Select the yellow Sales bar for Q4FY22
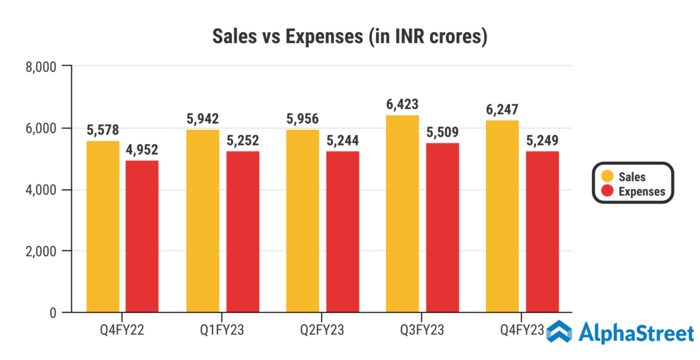click(103, 227)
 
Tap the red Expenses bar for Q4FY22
click(142, 236)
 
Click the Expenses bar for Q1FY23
click(243, 232)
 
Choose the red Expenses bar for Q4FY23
click(543, 232)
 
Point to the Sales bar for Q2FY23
click(302, 221)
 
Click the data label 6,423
click(402, 105)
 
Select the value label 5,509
click(442, 133)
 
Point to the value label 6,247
click(502, 110)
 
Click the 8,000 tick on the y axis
click(42, 66)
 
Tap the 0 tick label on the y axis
click(52, 313)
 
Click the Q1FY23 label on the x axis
click(222, 331)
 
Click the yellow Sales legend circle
click(606, 177)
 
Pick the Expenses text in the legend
click(641, 192)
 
